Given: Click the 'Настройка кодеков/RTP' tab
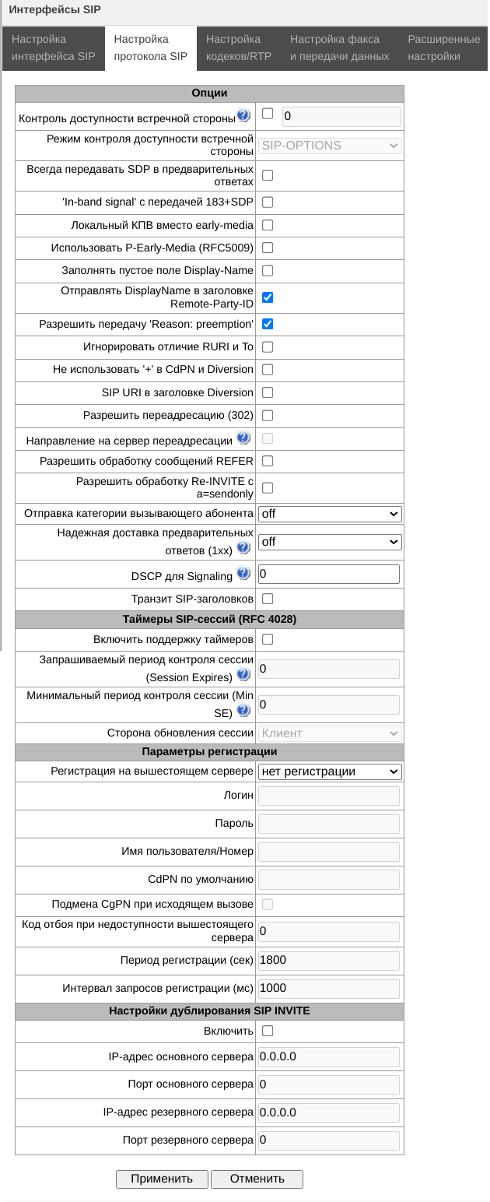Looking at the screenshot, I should tap(239, 47).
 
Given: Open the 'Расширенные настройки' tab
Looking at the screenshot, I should tap(444, 47).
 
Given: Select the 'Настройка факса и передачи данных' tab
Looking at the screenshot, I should tap(339, 47).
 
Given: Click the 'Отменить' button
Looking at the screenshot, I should tap(257, 1179).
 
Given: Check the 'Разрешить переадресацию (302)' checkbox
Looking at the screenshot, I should tap(268, 416).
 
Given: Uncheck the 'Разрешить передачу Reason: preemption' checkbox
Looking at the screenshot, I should tap(268, 324).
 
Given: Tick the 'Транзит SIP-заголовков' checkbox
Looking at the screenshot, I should tap(268, 599).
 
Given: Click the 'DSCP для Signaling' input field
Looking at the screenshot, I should tap(328, 575).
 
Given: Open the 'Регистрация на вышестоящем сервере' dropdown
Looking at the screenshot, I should tap(330, 771).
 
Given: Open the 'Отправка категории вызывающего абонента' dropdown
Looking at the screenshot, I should tap(330, 514).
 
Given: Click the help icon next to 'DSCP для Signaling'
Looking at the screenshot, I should tap(243, 575).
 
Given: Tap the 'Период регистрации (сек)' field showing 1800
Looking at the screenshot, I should tap(328, 961).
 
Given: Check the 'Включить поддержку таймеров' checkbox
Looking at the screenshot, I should tap(268, 639).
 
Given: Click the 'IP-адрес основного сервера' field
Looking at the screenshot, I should tap(328, 1057).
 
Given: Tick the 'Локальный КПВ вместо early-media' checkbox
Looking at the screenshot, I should tap(268, 225).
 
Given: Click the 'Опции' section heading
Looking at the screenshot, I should tap(209, 93).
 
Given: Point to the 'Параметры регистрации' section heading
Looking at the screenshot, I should tap(209, 752).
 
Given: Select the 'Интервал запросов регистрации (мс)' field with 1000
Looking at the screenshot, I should tap(328, 989).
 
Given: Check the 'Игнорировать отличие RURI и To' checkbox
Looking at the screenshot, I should tap(268, 346).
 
